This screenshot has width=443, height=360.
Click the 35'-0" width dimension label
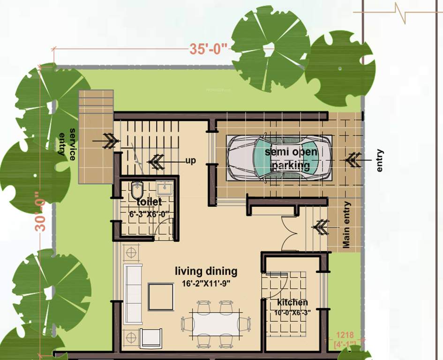[x=208, y=49]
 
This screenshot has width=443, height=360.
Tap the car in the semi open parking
[x=278, y=157]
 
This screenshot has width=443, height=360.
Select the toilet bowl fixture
[x=137, y=190]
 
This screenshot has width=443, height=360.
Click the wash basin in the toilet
[x=164, y=188]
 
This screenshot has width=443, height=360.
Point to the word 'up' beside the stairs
[x=190, y=161]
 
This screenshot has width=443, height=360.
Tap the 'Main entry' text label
[x=346, y=225]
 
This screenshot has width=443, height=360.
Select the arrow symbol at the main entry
[x=321, y=227]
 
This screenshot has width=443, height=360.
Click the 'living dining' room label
[x=206, y=271]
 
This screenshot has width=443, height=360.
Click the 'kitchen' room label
[x=292, y=302]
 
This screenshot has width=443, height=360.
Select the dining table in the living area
[x=216, y=323]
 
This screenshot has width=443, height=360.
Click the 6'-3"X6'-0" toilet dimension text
[x=148, y=214]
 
